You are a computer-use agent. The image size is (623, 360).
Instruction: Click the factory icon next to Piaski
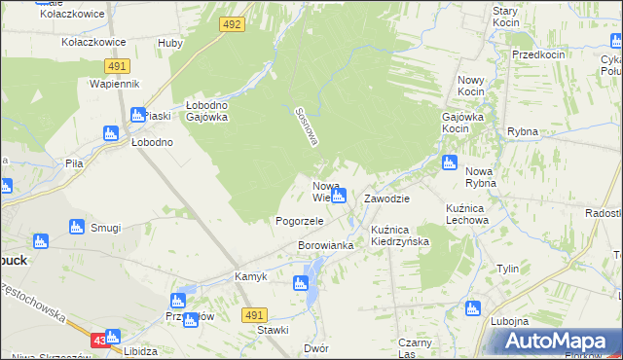137,114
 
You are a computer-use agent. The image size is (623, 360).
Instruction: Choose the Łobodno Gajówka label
206,111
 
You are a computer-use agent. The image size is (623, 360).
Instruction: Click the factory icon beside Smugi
77,227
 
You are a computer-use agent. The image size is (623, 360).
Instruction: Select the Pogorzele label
299,221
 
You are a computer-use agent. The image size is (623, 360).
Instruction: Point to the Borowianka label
325,245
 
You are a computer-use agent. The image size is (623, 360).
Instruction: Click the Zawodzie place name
386,198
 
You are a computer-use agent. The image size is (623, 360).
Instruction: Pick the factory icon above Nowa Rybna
449,162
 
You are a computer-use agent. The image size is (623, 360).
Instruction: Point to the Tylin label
507,269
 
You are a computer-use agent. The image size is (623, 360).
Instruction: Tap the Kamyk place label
251,276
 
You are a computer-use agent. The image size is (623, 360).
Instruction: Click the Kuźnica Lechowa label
466,214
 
